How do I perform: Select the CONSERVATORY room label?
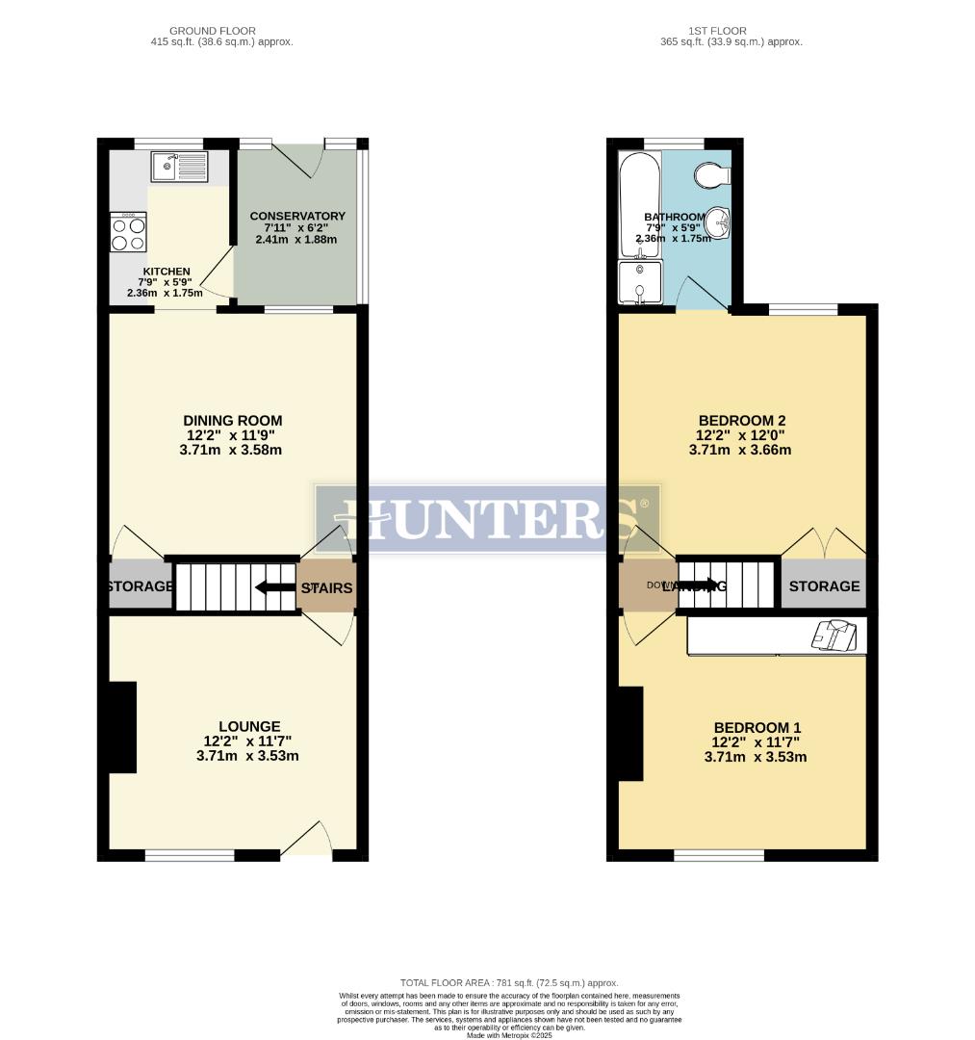point(296,216)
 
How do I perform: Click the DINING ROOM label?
point(233,421)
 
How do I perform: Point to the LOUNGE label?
point(249,727)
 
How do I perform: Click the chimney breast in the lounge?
point(121,727)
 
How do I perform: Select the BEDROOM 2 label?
point(742,421)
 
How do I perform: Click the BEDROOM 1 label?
point(756,728)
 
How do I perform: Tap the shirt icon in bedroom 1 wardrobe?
point(832,637)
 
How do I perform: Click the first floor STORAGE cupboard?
point(824,586)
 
